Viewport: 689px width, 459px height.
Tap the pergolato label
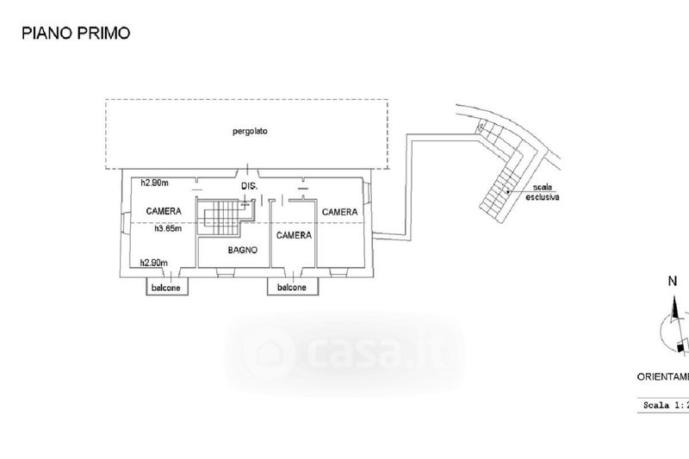tap(250, 132)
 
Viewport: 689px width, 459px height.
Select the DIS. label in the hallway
tap(249, 187)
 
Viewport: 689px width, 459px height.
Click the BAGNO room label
tap(244, 251)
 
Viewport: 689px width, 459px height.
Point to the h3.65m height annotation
tap(171, 229)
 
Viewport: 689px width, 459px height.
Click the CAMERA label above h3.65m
tap(163, 211)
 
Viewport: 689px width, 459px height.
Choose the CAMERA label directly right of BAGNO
tap(294, 234)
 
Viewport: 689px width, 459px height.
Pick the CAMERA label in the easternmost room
tap(340, 211)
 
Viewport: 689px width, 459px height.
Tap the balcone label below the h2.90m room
tap(167, 288)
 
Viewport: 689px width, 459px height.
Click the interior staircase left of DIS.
tap(221, 214)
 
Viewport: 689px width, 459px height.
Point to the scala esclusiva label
tap(543, 193)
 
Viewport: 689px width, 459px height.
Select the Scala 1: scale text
tap(664, 404)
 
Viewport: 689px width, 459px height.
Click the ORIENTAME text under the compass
tap(662, 376)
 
